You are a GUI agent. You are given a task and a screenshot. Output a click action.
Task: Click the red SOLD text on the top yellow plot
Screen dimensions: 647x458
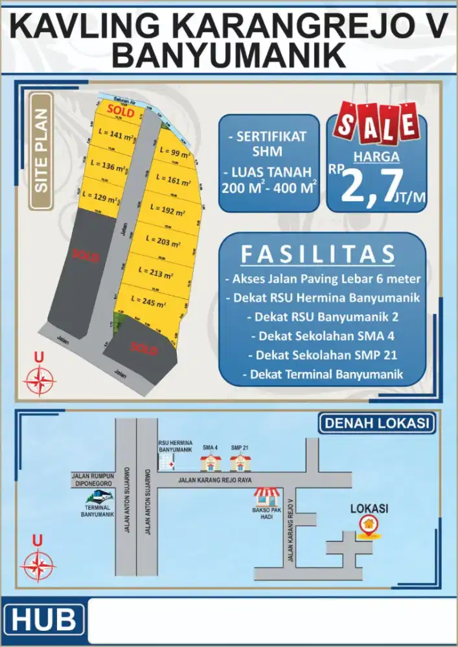tap(120, 112)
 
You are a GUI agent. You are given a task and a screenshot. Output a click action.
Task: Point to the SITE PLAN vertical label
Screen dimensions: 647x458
tap(41, 153)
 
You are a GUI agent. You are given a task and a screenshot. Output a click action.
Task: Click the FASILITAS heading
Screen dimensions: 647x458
tap(317, 254)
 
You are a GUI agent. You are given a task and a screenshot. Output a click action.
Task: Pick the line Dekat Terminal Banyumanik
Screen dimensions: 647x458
tap(322, 374)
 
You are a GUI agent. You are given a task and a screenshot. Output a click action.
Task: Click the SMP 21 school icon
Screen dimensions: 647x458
tap(240, 462)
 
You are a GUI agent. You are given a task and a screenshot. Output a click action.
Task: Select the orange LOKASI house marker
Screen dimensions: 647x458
tap(369, 525)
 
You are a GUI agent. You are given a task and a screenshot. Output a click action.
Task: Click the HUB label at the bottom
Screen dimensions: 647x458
tap(43, 620)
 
